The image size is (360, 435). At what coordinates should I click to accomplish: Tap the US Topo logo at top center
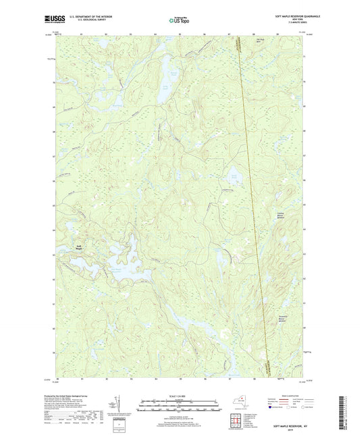pos(179,20)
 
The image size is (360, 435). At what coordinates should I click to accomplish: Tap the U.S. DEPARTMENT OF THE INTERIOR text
pos(83,16)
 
